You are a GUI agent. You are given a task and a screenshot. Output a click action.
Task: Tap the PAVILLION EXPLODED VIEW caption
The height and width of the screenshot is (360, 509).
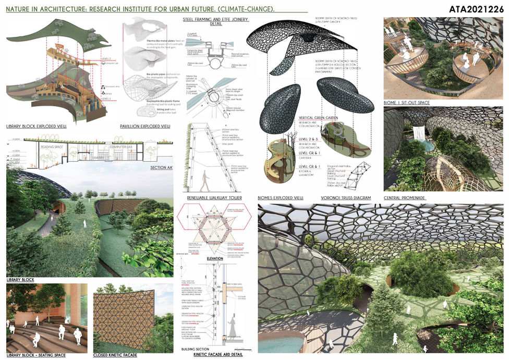tap(145, 127)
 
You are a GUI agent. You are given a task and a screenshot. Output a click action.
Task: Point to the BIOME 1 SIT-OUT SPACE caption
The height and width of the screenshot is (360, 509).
tap(407, 103)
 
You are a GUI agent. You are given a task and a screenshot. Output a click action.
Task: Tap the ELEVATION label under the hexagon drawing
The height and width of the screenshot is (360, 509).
tap(214, 258)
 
